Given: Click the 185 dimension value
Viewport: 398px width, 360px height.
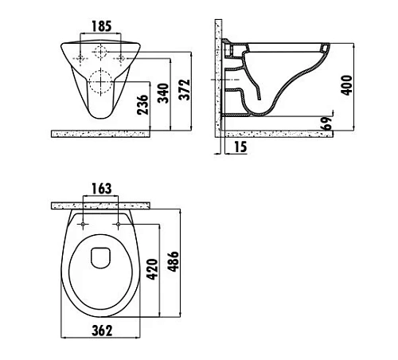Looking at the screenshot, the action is tap(102, 26).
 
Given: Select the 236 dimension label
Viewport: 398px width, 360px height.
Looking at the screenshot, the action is tap(142, 104).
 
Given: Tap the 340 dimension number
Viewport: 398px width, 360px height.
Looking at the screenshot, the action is tap(163, 93).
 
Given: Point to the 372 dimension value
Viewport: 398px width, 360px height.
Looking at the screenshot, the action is tap(184, 90).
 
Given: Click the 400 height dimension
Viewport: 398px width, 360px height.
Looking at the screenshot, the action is tap(347, 85).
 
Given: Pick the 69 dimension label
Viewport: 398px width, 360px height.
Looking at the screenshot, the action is tap(326, 123).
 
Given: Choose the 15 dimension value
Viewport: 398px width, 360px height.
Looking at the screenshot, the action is tap(240, 147).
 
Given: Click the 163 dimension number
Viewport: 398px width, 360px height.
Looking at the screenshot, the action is tap(102, 189).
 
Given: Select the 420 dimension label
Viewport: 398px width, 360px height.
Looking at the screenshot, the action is tap(152, 269).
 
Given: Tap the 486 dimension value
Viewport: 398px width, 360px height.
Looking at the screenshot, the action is tap(174, 261).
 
